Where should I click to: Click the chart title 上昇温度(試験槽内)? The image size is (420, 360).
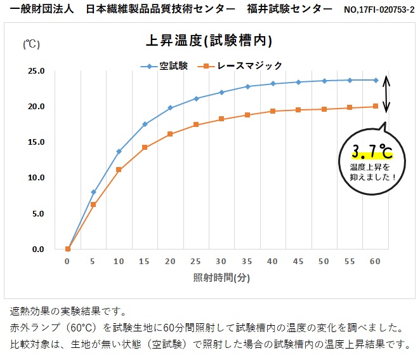click(209, 41)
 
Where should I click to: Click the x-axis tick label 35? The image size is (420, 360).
click(247, 261)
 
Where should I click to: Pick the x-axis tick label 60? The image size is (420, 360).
click(376, 261)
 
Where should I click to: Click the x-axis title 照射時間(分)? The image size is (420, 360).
click(221, 277)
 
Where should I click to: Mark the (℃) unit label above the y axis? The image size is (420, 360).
click(32, 44)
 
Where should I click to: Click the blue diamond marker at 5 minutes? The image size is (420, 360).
click(93, 192)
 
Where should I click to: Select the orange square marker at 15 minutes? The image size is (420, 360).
click(145, 147)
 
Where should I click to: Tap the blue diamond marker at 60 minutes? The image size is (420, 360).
click(376, 80)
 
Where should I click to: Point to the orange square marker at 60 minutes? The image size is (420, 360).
click(376, 106)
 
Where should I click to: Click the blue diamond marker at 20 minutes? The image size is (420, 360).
click(170, 108)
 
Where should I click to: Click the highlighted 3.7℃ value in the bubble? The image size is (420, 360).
click(372, 151)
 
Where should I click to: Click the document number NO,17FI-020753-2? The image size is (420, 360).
click(379, 10)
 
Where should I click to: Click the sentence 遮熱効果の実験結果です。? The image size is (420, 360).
click(68, 312)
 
